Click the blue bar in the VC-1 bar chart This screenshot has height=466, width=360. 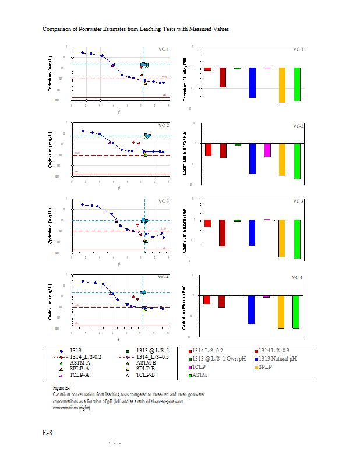(252, 82)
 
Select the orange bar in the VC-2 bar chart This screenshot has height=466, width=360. (283, 159)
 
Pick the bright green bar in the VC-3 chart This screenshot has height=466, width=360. (297, 239)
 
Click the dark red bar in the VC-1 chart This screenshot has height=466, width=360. (222, 77)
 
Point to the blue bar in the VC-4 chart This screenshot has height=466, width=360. (252, 309)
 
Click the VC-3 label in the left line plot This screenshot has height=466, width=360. (164, 202)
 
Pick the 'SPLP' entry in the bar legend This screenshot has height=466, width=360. (267, 367)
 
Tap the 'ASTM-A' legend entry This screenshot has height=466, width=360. (80, 363)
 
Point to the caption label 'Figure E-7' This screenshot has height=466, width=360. (62, 387)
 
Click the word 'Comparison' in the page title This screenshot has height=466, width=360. (57, 29)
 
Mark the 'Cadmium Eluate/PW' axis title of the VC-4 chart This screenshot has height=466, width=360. (184, 308)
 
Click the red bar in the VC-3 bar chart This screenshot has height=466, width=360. (207, 223)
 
